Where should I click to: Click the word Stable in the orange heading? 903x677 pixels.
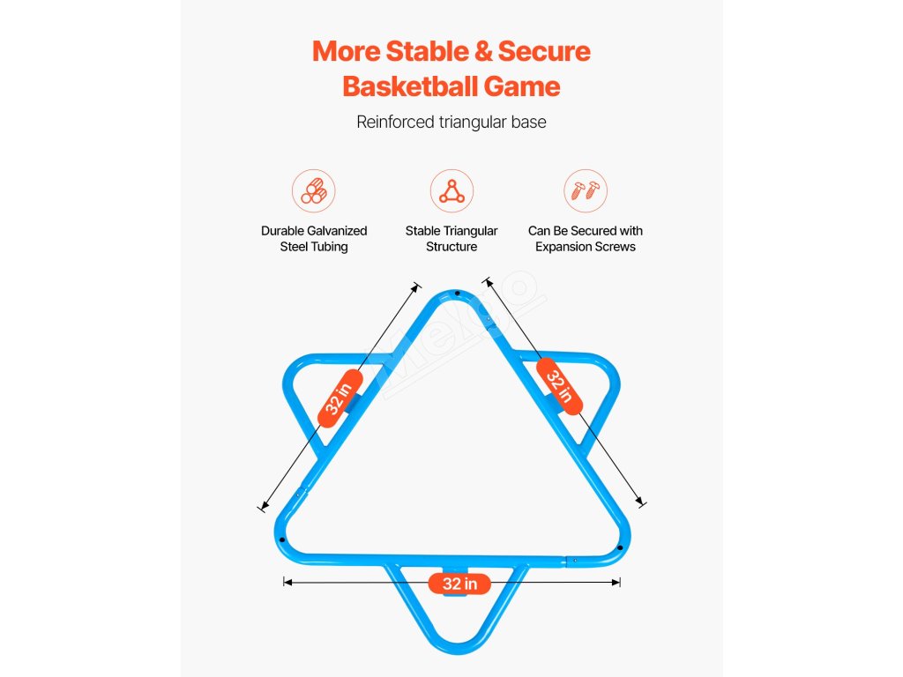417,51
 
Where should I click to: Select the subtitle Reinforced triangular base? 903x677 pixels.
451,122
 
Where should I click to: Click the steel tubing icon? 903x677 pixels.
314,191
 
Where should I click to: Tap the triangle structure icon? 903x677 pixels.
451,191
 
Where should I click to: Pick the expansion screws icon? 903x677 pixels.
586,191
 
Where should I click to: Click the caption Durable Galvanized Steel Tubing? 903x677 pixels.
314,239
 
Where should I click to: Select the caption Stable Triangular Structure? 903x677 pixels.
451,239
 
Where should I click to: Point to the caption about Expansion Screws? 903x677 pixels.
586,239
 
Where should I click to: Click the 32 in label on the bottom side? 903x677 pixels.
459,584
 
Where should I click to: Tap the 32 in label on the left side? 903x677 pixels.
339,399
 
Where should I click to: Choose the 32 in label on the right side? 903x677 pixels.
560,386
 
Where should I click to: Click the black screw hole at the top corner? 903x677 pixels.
457,294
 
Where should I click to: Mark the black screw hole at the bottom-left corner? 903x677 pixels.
283,541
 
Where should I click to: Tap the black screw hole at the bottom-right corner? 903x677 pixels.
620,548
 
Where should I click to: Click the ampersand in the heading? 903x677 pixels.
483,51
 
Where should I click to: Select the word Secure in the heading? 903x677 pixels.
544,51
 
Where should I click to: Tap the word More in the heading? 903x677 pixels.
345,51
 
